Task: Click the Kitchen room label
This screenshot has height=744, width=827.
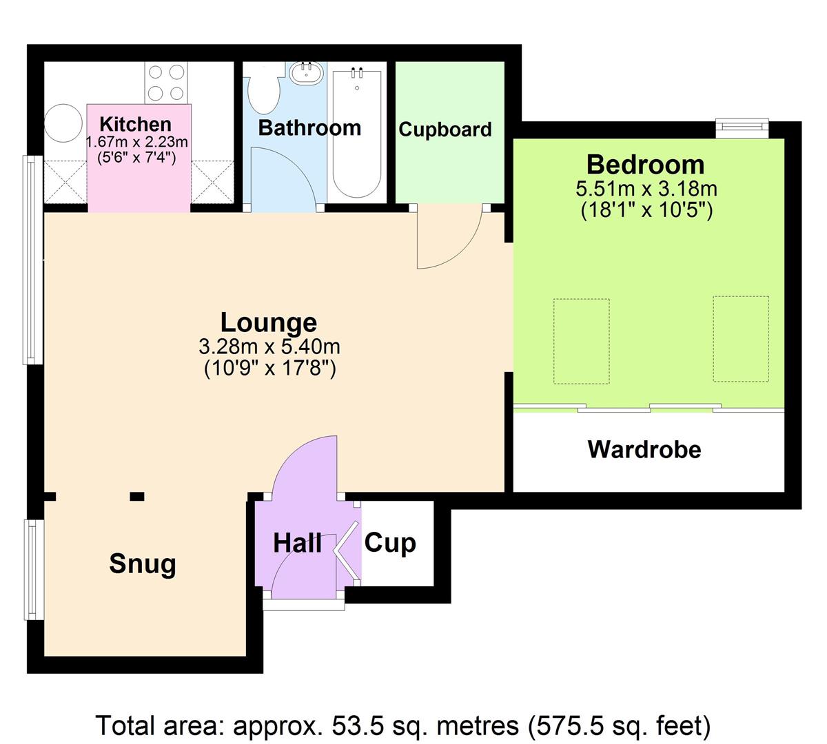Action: (136, 125)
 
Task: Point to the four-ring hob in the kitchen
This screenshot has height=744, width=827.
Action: (166, 82)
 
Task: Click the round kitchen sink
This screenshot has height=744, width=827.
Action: (63, 124)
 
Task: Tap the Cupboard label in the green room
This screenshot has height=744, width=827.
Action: (445, 130)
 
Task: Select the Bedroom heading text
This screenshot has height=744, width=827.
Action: (645, 165)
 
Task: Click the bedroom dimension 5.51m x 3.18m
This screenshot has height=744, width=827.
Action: (646, 188)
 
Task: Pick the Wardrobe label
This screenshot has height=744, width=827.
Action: (644, 450)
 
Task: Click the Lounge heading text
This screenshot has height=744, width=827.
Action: (269, 322)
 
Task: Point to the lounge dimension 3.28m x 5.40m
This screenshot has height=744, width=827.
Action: (269, 346)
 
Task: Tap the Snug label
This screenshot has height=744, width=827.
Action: (143, 564)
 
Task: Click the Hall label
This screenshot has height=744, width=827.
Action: (297, 543)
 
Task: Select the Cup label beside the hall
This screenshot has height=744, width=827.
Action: (389, 543)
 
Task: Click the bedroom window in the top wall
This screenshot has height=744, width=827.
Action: (742, 126)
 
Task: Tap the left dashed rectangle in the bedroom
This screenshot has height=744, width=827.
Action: (582, 341)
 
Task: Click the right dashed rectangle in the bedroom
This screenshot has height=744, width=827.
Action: (741, 339)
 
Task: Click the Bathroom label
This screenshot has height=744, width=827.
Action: (309, 127)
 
